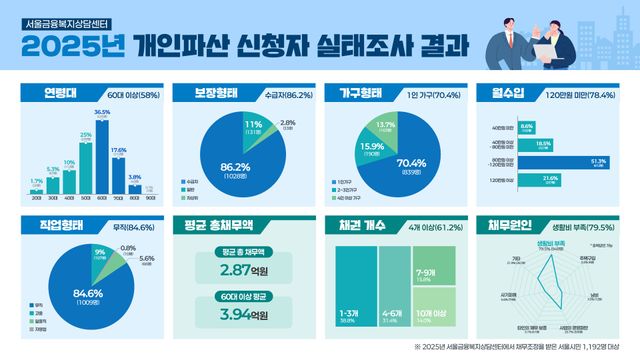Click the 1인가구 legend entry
pos(349,181)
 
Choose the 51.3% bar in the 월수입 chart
pos(551,161)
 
